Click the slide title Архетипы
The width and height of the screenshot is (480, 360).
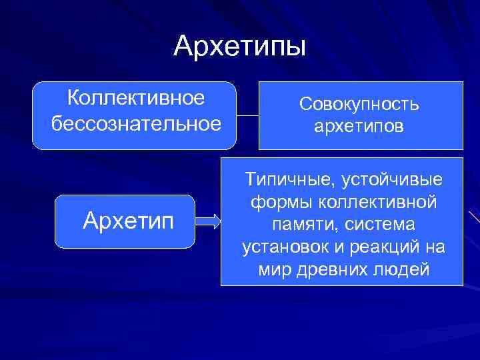pyautogui.click(x=240, y=47)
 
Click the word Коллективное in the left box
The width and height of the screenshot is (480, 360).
pyautogui.click(x=135, y=98)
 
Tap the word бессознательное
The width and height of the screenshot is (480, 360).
pyautogui.click(x=135, y=123)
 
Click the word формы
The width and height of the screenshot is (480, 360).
pyautogui.click(x=276, y=201)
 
